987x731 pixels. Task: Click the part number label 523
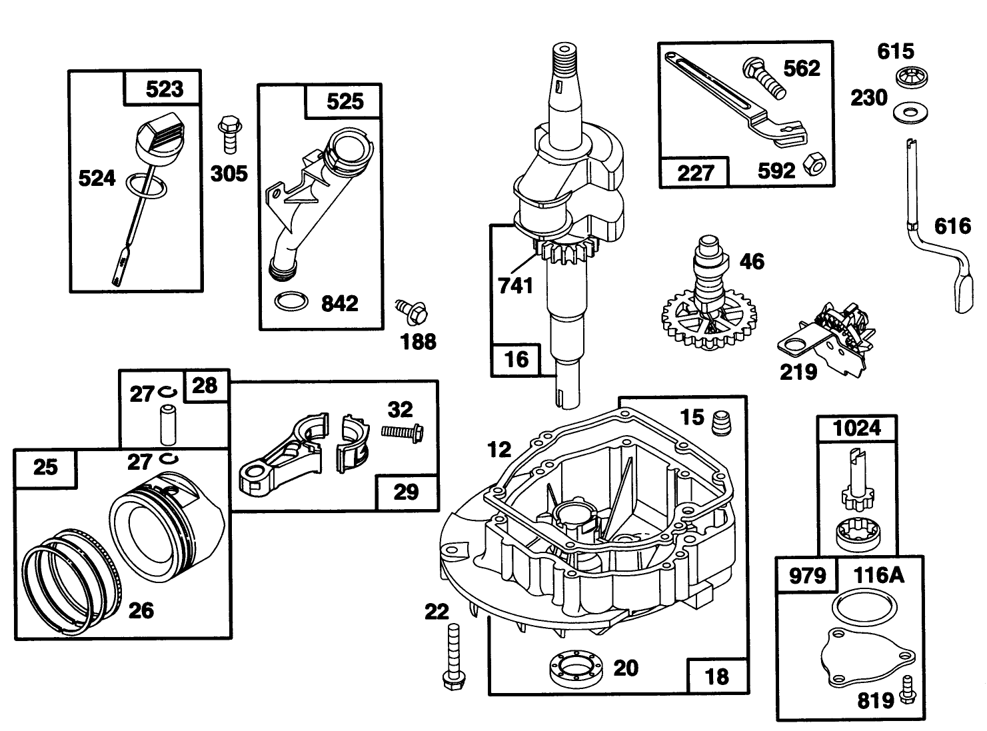coord(163,89)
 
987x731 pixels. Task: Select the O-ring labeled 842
coord(292,301)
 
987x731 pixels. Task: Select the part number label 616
coord(952,226)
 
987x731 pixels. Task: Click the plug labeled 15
coord(722,422)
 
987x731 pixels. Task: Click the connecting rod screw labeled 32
coord(403,432)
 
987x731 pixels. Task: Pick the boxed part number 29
coord(406,492)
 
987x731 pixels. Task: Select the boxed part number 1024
coord(857,428)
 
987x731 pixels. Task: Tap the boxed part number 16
coord(516,359)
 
